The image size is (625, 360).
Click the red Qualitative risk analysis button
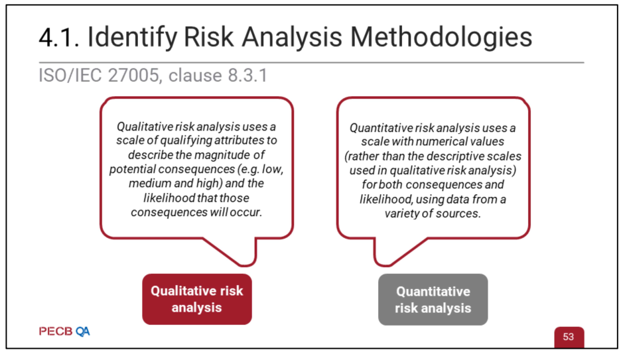(x=197, y=299)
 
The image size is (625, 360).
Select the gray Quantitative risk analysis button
(x=433, y=300)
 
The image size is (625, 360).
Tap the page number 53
(x=569, y=337)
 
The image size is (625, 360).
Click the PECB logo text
(x=56, y=331)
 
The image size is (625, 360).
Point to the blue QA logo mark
(x=82, y=331)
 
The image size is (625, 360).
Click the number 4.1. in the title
(x=59, y=38)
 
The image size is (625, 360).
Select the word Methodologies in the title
(x=441, y=38)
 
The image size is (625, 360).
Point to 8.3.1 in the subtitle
(x=247, y=76)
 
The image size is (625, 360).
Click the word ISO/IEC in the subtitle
(x=70, y=76)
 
